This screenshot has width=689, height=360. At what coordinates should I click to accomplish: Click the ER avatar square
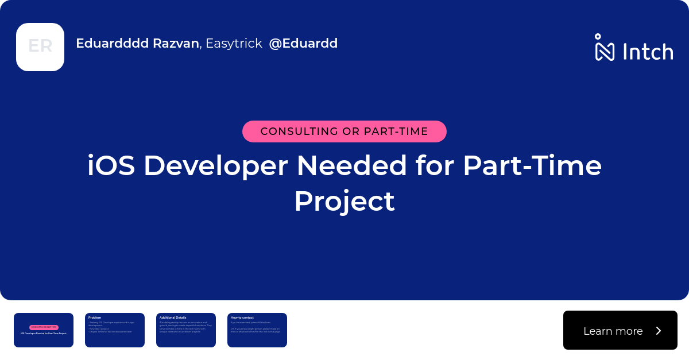click(x=40, y=47)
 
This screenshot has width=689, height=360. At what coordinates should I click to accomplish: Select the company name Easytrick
click(x=234, y=43)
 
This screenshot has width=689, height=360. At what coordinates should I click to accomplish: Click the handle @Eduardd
click(x=303, y=43)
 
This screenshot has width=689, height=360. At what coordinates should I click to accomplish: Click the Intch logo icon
click(x=605, y=48)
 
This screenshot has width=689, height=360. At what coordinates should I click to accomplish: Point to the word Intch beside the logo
click(x=648, y=52)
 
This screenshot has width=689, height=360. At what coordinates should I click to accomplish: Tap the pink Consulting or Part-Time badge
click(x=344, y=131)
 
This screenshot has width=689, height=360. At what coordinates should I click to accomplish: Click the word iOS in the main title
click(x=111, y=166)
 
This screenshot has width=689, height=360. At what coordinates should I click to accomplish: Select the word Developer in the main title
click(x=215, y=166)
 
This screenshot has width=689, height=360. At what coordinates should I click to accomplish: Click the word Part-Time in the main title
click(x=532, y=166)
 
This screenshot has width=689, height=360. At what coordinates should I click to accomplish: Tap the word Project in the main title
click(x=344, y=202)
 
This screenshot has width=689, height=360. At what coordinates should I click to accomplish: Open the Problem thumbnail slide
click(x=115, y=330)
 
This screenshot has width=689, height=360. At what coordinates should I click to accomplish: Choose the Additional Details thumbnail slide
click(x=186, y=330)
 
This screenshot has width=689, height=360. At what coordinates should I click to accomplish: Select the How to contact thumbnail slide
click(x=257, y=330)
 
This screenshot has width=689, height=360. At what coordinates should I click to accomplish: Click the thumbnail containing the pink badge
click(x=44, y=330)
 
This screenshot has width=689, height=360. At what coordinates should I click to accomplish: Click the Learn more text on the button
click(x=613, y=331)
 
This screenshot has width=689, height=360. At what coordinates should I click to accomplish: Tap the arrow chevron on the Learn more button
click(x=659, y=331)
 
